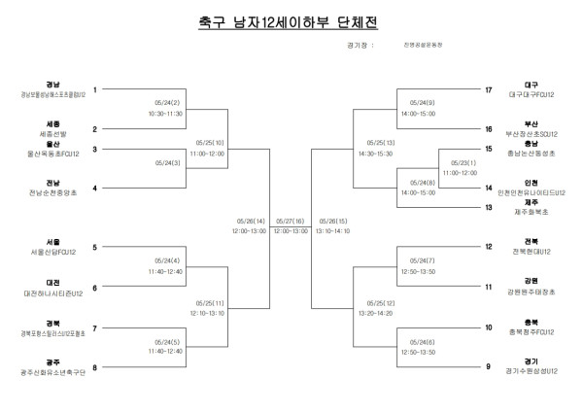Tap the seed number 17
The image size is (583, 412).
tap(489, 89)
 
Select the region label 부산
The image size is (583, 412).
tap(531, 124)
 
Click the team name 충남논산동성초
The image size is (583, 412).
tap(531, 154)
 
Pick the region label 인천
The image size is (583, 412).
tap(531, 183)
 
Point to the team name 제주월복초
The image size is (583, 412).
tap(531, 212)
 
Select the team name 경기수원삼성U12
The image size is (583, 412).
tap(531, 371)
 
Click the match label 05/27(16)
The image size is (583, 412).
tap(291, 221)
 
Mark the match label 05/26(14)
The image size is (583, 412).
tap(249, 221)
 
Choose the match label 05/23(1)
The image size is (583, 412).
tap(460, 161)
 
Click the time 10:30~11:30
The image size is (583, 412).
tap(166, 112)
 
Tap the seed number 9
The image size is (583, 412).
tap(489, 366)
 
